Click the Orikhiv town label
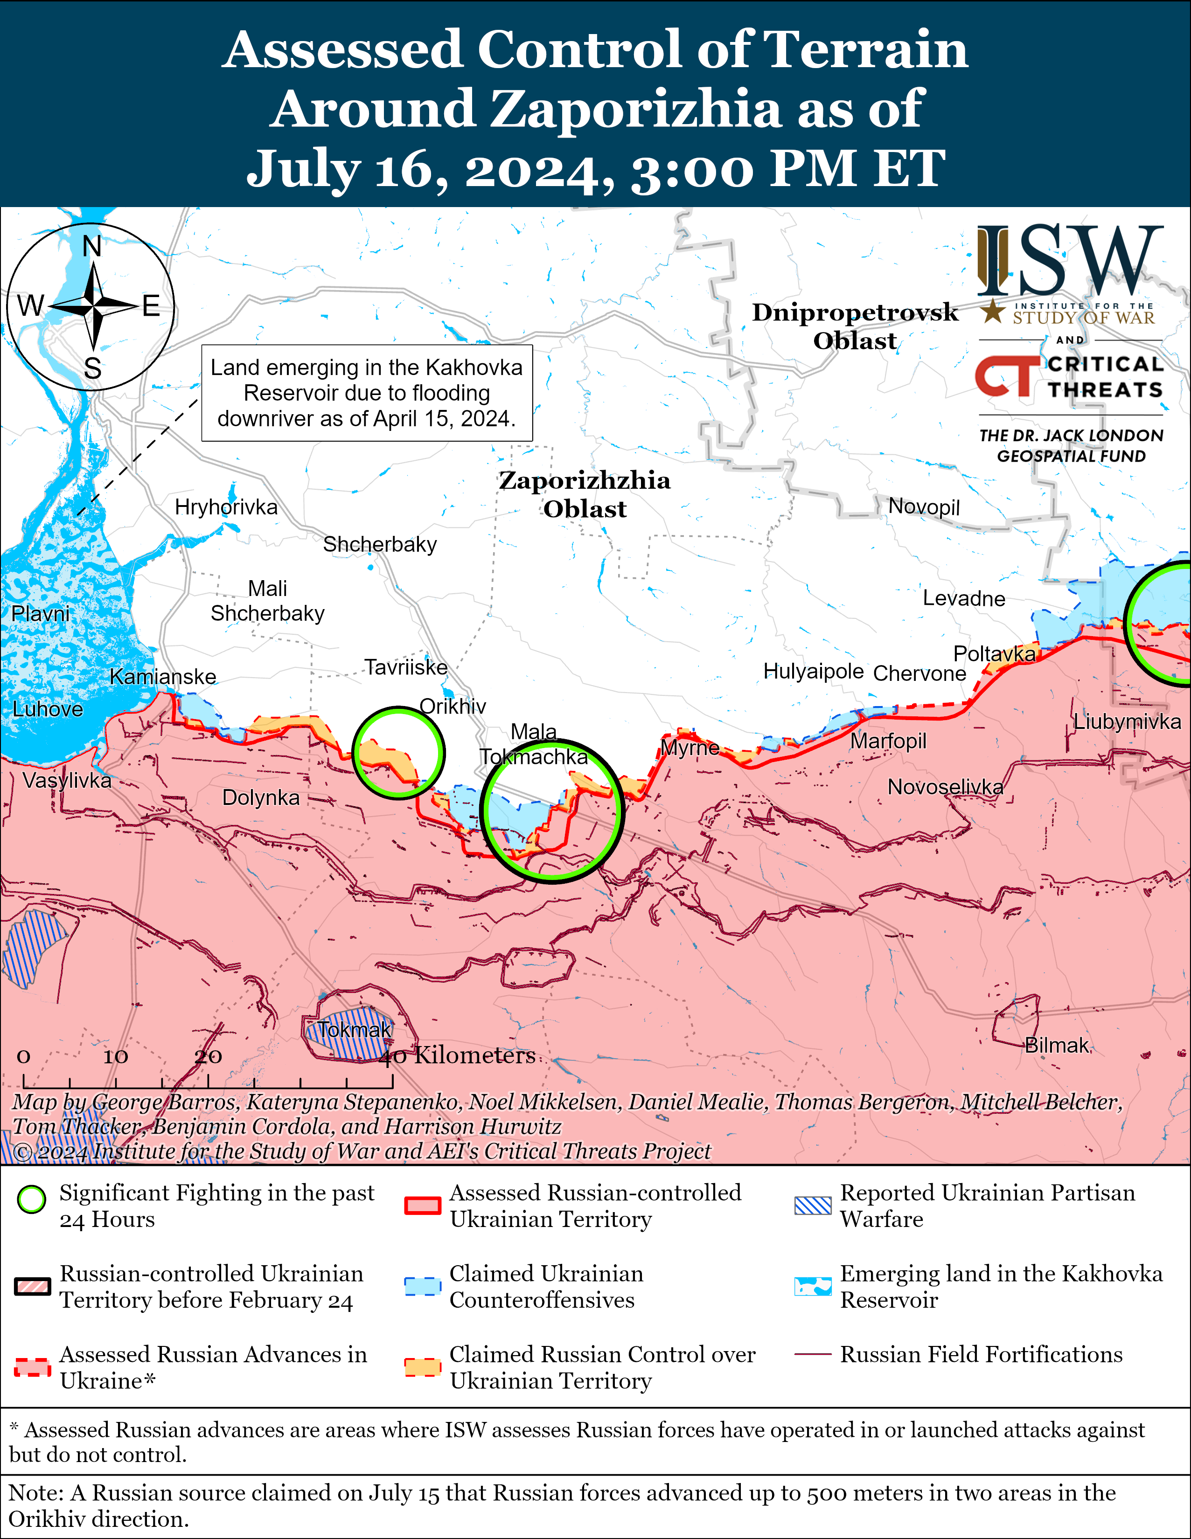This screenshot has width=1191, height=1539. [x=453, y=706]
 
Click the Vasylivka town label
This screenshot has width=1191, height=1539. [x=67, y=780]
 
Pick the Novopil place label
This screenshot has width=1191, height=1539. [x=923, y=506]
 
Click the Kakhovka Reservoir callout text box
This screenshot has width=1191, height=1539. [x=367, y=393]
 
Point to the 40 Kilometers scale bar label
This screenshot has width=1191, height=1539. [x=458, y=1055]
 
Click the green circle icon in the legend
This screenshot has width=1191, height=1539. [x=32, y=1199]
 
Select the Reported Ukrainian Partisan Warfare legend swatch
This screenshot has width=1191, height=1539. [x=813, y=1206]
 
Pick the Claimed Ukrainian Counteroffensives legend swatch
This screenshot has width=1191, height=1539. [x=423, y=1286]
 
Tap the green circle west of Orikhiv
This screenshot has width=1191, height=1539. [x=398, y=753]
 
